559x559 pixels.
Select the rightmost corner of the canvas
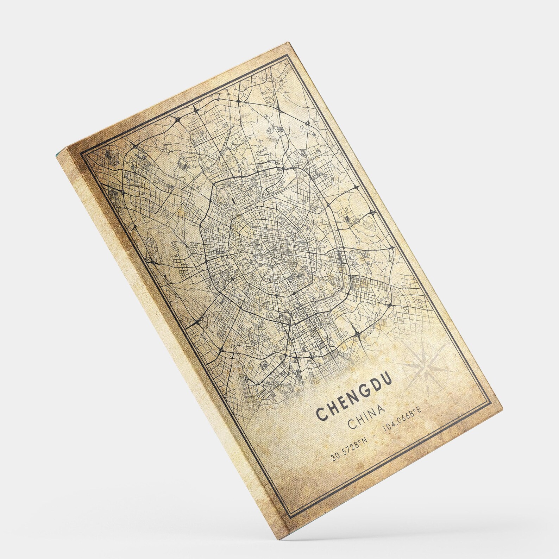[x=503, y=407]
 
